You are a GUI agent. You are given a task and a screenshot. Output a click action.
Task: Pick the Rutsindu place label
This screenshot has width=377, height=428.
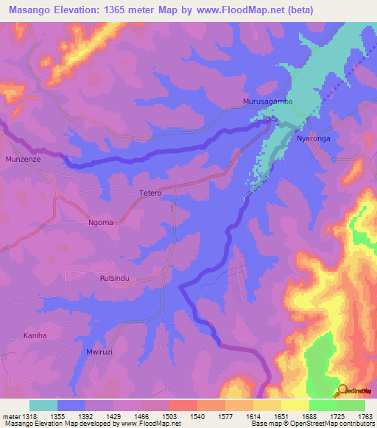coord(116,279)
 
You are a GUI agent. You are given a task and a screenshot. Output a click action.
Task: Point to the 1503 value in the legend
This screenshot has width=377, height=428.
coord(155,415)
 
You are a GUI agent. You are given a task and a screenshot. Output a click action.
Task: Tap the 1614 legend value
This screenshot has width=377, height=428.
coord(239,415)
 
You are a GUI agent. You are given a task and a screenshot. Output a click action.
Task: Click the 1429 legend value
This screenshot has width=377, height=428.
coord(99,415)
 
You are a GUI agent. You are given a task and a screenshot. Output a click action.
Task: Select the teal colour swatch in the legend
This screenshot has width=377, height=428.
coord(43,405)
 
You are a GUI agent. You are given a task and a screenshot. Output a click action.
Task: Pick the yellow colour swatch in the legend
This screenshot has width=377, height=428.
coord(267,405)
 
